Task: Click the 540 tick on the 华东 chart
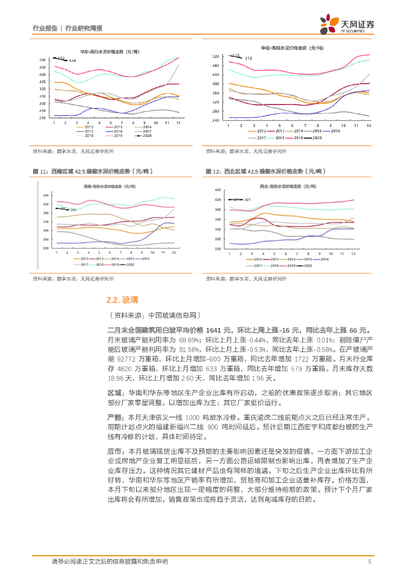click(x=43, y=60)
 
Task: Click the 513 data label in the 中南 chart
click(x=249, y=58)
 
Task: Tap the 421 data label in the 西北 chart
click(x=247, y=200)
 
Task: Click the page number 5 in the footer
click(x=370, y=562)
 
